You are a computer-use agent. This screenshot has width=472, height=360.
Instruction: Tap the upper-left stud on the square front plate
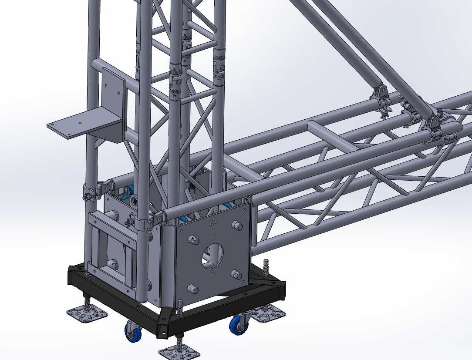point(192,239)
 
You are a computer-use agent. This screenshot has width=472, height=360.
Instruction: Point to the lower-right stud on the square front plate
point(236,274)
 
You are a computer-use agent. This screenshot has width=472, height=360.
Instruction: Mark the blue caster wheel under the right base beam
point(238,325)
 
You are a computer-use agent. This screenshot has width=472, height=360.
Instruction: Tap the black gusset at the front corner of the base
point(166,322)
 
